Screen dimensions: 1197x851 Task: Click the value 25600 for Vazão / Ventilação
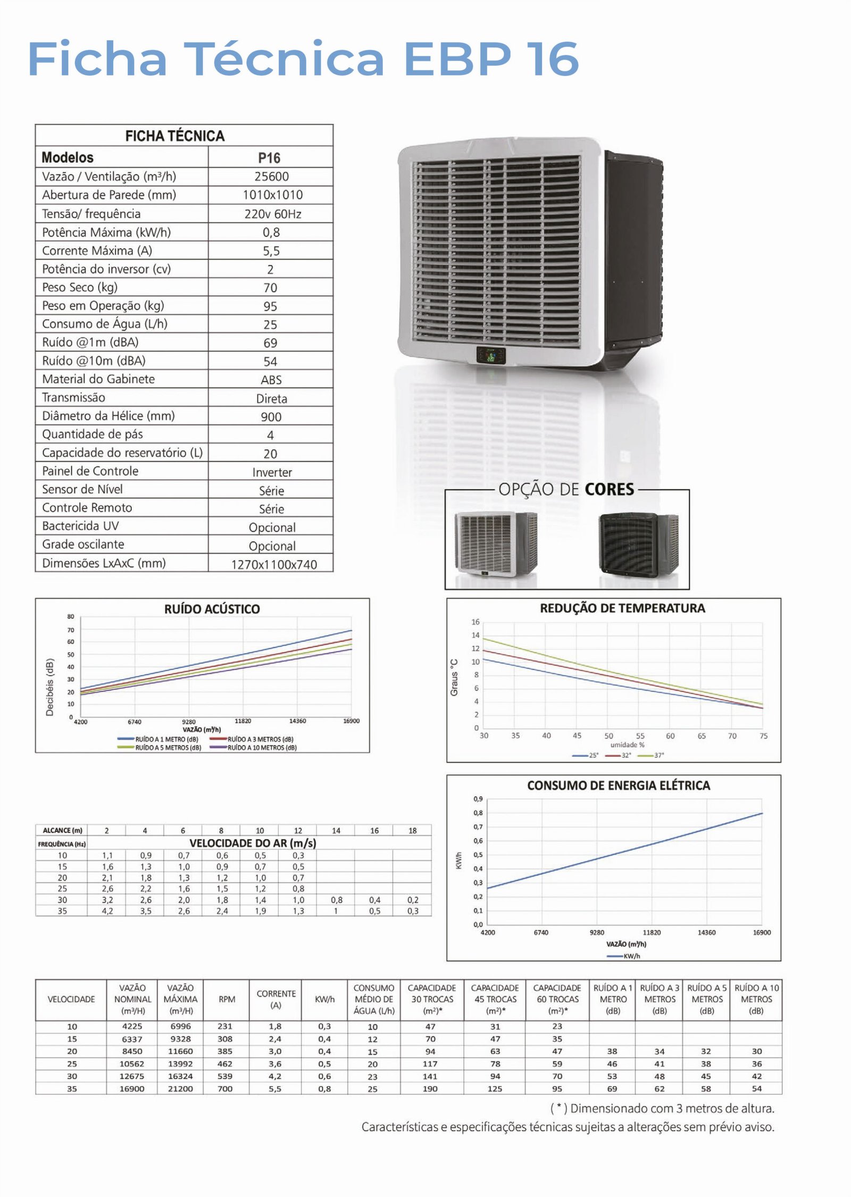(x=271, y=177)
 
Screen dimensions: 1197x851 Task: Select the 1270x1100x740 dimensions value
(x=273, y=564)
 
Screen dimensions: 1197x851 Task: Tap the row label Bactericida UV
(x=80, y=526)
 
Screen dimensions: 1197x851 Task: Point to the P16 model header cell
(x=269, y=158)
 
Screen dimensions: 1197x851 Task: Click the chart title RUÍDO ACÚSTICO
(x=212, y=609)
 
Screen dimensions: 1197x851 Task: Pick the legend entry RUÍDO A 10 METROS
(x=262, y=747)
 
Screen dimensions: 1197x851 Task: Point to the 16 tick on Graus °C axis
(x=475, y=622)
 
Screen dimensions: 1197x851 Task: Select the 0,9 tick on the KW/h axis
(x=478, y=799)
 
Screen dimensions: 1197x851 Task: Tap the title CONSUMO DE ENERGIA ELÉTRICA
(x=618, y=785)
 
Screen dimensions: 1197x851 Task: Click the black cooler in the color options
(x=638, y=543)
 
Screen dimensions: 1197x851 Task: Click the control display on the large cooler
(x=490, y=355)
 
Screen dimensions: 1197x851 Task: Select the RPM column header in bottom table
(x=227, y=999)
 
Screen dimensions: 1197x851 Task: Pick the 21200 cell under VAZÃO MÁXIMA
(x=180, y=1089)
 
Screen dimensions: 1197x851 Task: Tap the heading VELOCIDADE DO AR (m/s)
(x=253, y=843)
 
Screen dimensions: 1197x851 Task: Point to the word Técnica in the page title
(x=285, y=58)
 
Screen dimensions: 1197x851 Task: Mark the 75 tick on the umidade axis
(x=763, y=736)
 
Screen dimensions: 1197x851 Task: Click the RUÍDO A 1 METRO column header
(x=613, y=999)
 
